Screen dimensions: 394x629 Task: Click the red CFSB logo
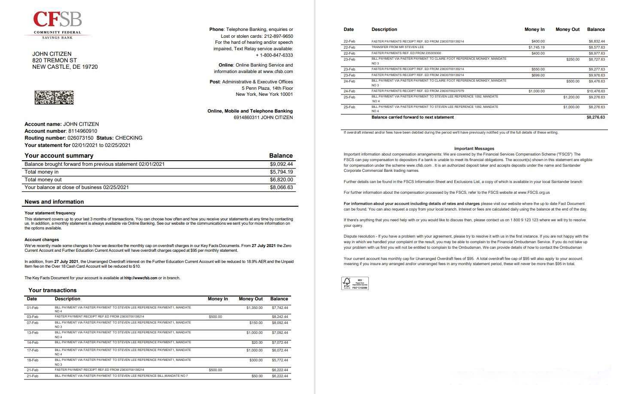pyautogui.click(x=58, y=20)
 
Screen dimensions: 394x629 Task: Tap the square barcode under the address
pyautogui.click(x=54, y=98)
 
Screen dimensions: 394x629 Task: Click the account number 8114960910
pyautogui.click(x=82, y=131)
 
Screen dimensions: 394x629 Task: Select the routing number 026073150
pyautogui.click(x=80, y=138)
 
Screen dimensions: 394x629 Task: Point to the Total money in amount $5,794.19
pyautogui.click(x=281, y=172)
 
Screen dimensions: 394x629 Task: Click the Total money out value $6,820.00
pyautogui.click(x=281, y=180)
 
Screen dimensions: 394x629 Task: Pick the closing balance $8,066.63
pyautogui.click(x=281, y=187)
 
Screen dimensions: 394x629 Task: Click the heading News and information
pyautogui.click(x=54, y=202)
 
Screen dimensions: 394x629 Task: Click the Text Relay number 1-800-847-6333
pyautogui.click(x=276, y=55)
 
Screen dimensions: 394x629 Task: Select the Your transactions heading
pyautogui.click(x=52, y=290)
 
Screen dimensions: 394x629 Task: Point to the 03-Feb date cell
pyautogui.click(x=32, y=317)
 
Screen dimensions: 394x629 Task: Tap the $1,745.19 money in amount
pyautogui.click(x=536, y=47)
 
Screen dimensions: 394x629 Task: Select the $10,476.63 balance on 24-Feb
pyautogui.click(x=596, y=91)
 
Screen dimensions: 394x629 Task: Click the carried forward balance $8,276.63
pyautogui.click(x=596, y=117)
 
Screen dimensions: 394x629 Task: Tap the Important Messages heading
pyautogui.click(x=474, y=149)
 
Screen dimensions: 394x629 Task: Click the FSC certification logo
pyautogui.click(x=355, y=284)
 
